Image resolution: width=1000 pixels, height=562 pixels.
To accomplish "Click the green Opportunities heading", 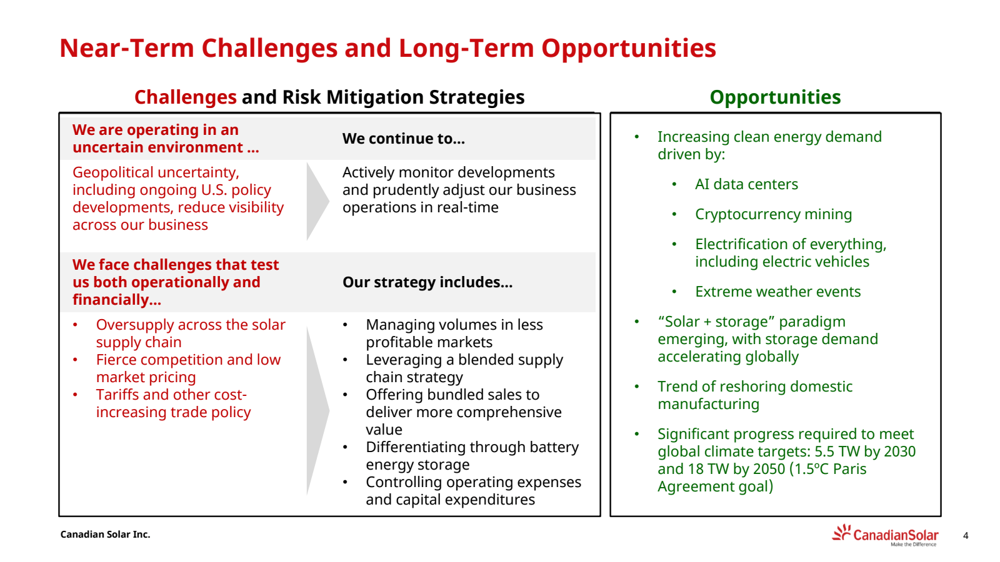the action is tap(775, 97).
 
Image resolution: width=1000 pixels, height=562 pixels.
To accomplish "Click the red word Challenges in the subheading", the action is tap(185, 97).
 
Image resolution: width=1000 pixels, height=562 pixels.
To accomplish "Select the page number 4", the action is tap(966, 536).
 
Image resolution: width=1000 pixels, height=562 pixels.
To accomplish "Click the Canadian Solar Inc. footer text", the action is tap(106, 535).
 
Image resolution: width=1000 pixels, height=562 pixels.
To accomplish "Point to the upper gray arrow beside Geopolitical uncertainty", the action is tap(318, 201).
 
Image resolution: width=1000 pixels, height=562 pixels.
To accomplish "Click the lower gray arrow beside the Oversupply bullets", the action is tap(318, 410).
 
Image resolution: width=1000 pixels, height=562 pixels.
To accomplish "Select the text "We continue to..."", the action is tap(404, 139).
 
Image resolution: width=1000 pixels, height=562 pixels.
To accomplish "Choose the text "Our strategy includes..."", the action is tap(427, 282).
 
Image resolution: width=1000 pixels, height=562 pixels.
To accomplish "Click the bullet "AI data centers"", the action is tap(746, 184).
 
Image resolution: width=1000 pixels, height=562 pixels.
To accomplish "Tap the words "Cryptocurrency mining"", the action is tap(773, 215).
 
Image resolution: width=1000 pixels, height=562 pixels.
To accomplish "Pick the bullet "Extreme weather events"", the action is tap(777, 292).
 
